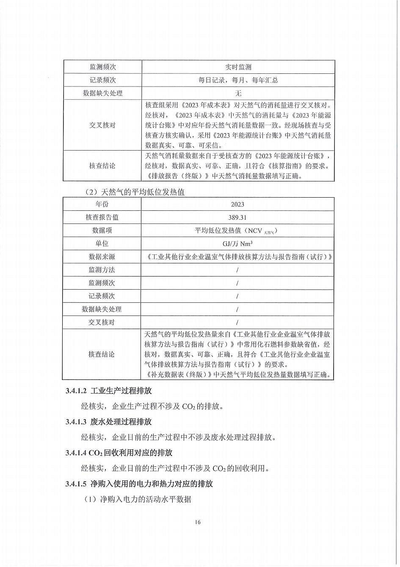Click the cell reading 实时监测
click(x=238, y=67)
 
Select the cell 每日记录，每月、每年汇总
click(x=238, y=80)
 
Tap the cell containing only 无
click(x=238, y=93)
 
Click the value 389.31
click(x=237, y=217)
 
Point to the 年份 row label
click(x=102, y=204)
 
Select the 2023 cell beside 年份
click(x=237, y=204)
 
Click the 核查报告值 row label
click(x=102, y=217)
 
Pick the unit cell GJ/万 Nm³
click(x=237, y=243)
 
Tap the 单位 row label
click(x=102, y=243)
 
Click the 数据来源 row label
click(x=102, y=257)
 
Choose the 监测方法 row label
click(x=102, y=270)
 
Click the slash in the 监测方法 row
click(x=237, y=270)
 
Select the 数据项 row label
click(x=102, y=230)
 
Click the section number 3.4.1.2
click(x=76, y=391)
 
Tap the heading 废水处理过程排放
click(x=121, y=422)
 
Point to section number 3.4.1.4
click(x=76, y=453)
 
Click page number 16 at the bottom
click(x=198, y=522)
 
